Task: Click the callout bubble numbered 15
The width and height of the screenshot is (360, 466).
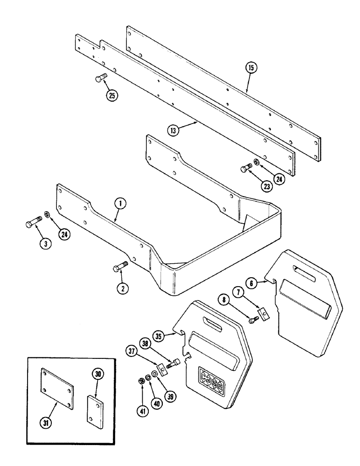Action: coord(251,69)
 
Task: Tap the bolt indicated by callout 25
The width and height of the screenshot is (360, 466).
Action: coord(101,78)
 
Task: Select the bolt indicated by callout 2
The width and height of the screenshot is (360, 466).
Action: coord(119,268)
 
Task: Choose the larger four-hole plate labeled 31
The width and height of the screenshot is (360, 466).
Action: coord(56,389)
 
